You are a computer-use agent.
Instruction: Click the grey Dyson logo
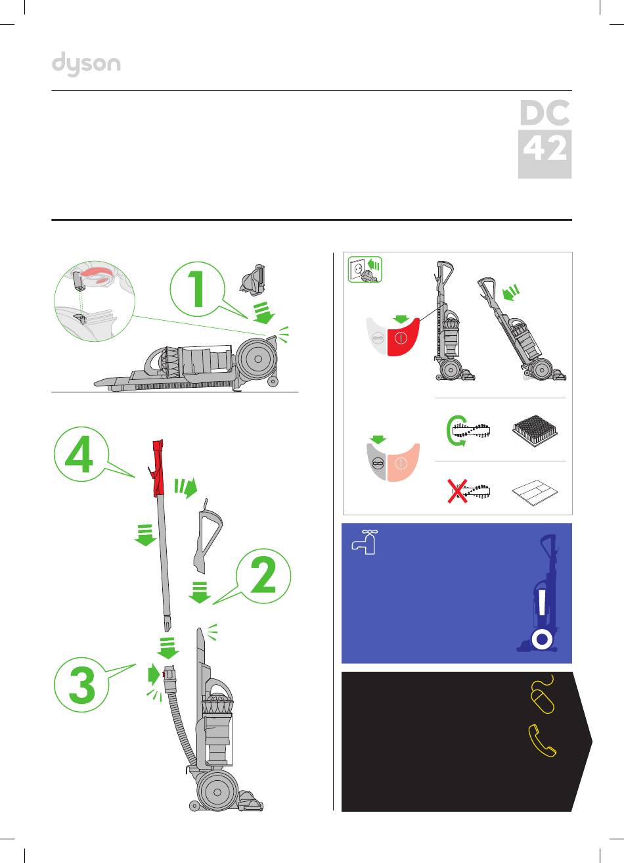86,64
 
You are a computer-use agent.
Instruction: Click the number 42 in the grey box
545,148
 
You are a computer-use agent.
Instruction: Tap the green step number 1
198,289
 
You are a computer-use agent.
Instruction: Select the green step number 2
263,576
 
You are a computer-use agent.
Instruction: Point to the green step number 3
82,685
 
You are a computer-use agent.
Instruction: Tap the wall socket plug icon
365,269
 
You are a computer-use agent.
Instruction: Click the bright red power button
402,337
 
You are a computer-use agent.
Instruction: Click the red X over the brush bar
457,491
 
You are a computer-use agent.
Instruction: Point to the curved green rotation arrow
453,431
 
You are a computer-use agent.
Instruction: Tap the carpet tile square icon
535,431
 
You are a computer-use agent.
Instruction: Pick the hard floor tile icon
535,492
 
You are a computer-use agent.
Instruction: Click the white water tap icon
364,542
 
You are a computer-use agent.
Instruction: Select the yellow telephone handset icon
542,741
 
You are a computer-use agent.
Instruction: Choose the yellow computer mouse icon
543,694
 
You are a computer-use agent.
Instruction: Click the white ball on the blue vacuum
542,639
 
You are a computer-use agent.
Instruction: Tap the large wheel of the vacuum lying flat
257,359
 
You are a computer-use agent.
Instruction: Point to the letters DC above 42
545,112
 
